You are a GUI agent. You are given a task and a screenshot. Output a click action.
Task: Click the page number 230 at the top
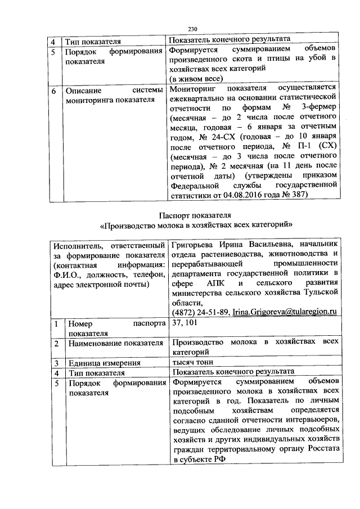(192, 30)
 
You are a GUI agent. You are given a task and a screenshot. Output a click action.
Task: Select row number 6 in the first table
(52, 90)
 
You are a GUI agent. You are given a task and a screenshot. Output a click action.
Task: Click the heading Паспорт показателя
(196, 215)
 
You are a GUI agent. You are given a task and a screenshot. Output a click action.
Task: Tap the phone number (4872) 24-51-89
(199, 311)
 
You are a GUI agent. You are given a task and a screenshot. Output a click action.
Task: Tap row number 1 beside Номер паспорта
(52, 324)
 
